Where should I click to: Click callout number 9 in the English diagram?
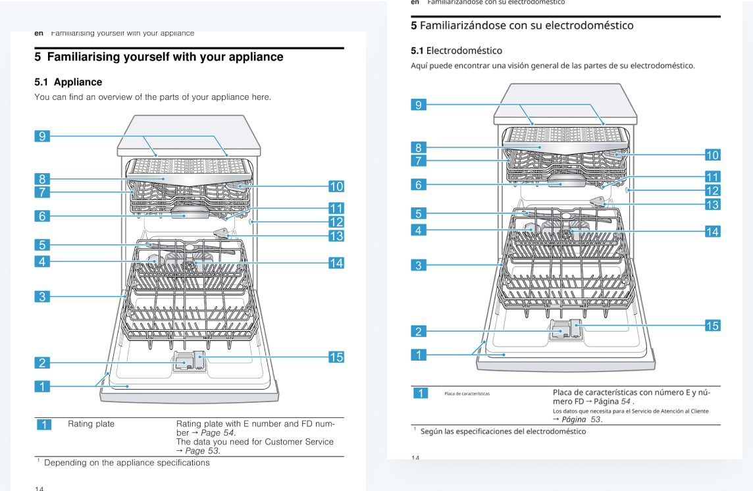coord(42,136)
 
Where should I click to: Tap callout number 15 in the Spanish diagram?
coord(712,325)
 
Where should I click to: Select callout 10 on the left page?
coord(336,186)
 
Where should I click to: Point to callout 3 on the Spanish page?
coord(418,265)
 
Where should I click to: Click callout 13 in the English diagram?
coord(336,236)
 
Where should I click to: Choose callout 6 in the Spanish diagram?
coord(418,185)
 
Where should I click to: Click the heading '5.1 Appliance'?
coord(68,82)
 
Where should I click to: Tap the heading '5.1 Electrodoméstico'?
coord(456,51)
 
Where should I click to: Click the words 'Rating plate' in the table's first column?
coord(91,424)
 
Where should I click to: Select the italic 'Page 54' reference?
coord(217,432)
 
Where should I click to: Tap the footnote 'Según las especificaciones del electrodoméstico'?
coord(502,431)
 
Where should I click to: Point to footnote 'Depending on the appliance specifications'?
coord(126,463)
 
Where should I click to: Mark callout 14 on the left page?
coord(336,263)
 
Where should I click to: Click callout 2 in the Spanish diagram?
coord(418,331)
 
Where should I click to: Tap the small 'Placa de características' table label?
coord(467,394)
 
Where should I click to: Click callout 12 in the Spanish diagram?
coord(712,190)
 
